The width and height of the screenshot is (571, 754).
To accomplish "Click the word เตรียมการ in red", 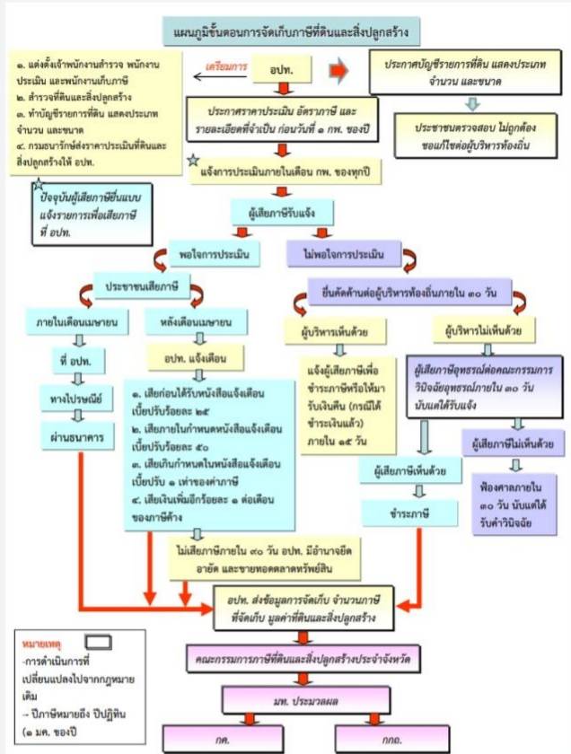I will point(225,66).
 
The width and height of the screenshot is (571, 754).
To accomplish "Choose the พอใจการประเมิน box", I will point(213,253).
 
